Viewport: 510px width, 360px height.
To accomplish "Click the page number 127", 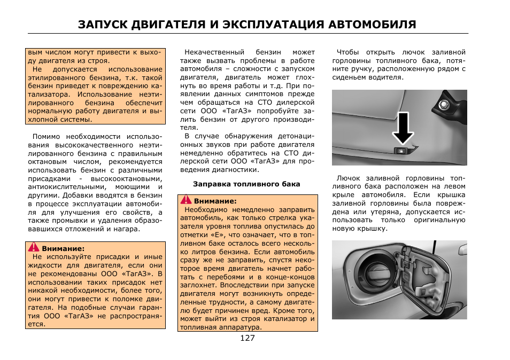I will pos(247,338).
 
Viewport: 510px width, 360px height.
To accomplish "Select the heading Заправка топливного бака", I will pos(246,184).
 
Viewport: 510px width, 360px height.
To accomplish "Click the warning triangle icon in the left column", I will pos(34,248).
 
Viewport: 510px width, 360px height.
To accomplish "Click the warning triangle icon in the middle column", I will pos(186,200).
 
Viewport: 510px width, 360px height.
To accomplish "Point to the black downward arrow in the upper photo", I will pos(404,129).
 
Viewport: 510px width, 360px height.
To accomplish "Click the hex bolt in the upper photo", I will pos(445,104).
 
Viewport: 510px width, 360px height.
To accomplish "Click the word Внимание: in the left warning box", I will pos(63,248).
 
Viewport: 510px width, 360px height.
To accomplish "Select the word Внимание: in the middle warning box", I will pos(215,201).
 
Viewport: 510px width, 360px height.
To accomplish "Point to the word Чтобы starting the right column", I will pos(346,52).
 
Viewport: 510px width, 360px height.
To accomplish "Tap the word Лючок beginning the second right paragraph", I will pos(347,178).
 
